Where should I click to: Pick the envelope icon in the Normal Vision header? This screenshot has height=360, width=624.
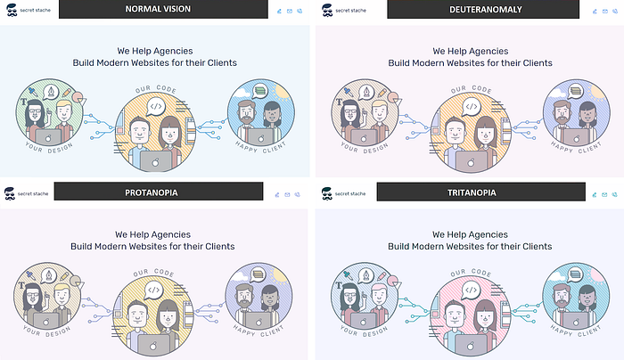pos(290,12)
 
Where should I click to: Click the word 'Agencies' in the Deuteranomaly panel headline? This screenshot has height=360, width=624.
pos(506,51)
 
